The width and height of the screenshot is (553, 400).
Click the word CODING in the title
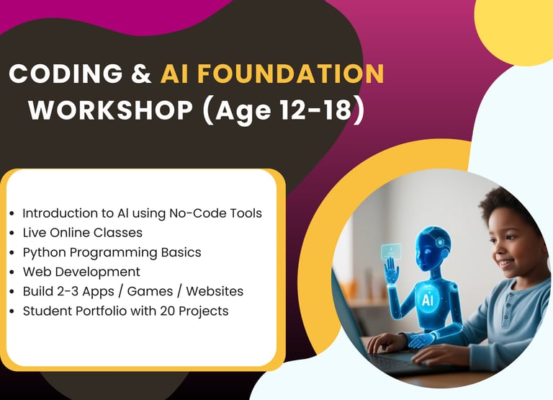point(66,74)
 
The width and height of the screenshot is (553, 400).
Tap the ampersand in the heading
point(141,74)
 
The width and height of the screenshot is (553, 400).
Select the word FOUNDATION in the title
point(291,74)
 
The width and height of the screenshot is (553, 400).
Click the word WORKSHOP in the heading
point(110,110)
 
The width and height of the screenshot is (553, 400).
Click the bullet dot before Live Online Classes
point(12,233)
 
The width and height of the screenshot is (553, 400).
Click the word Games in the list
point(150,291)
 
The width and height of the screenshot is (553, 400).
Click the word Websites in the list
point(215,291)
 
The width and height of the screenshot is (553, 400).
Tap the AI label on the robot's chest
point(427,300)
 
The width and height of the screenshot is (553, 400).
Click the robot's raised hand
point(391,270)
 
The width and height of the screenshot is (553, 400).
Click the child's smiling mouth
point(507,263)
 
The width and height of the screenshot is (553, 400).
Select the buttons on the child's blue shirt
point(506,307)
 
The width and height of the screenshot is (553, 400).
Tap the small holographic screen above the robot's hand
point(391,250)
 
